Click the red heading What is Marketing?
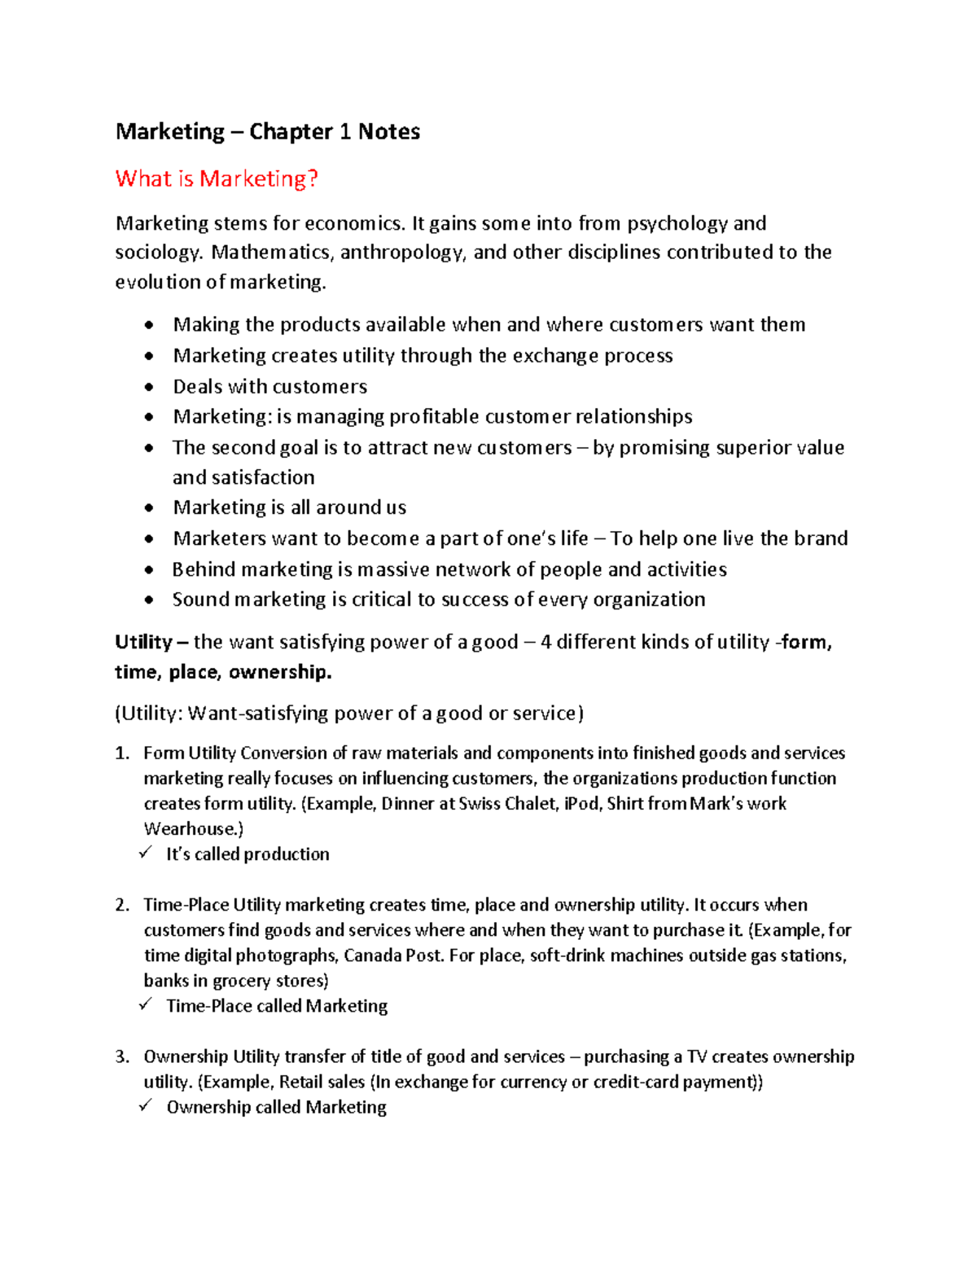click(216, 179)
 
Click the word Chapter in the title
click(291, 132)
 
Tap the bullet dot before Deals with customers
click(148, 387)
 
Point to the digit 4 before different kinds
click(545, 643)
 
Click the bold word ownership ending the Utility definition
click(279, 672)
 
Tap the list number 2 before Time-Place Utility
click(121, 905)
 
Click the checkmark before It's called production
click(146, 853)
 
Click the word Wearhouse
click(193, 829)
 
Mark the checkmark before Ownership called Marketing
click(146, 1105)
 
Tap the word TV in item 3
click(696, 1056)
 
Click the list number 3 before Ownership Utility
click(121, 1056)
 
